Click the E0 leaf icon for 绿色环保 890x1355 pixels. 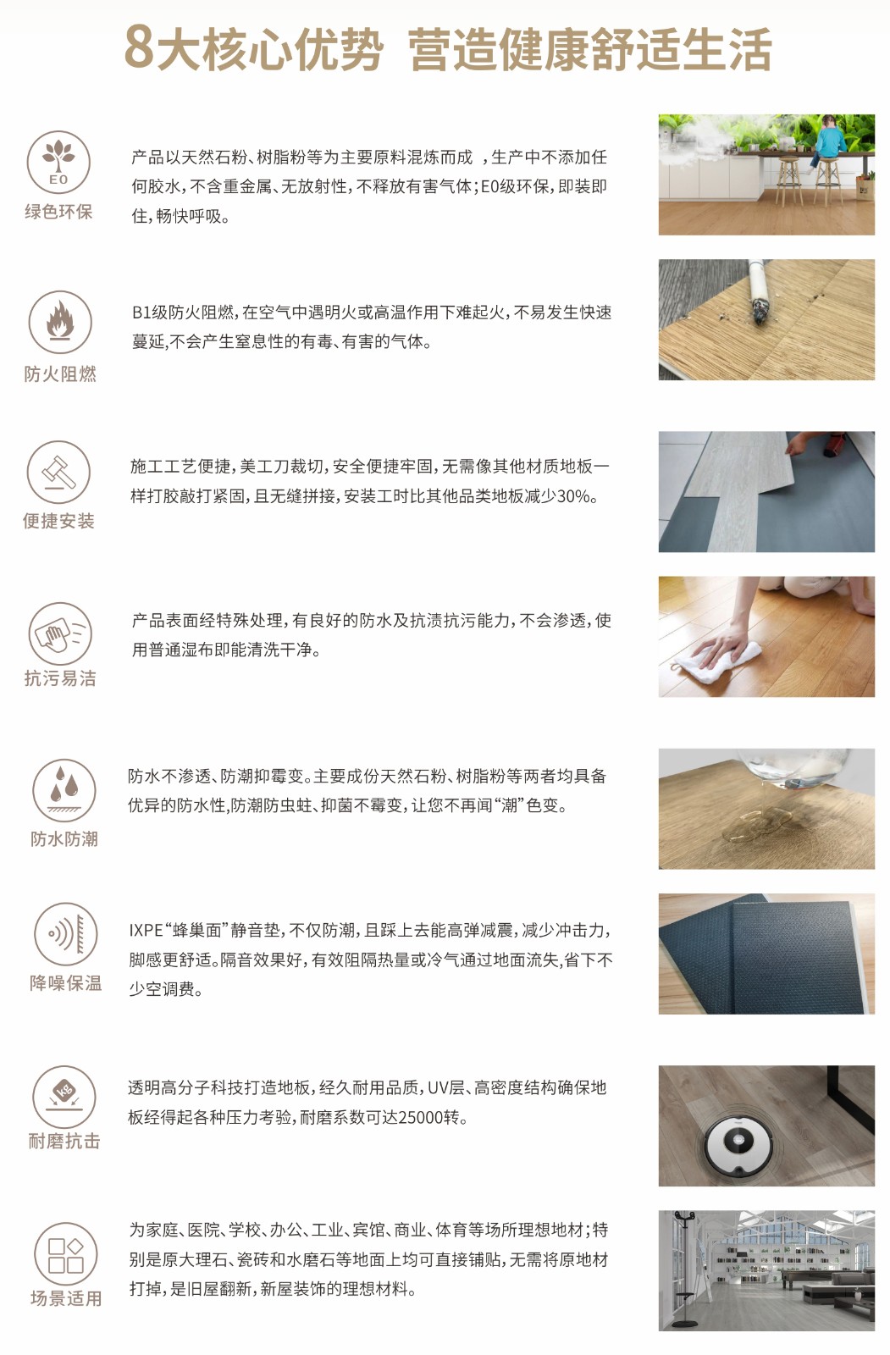click(x=58, y=162)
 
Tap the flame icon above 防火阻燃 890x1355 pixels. click(x=60, y=321)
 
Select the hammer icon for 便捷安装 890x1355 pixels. click(x=58, y=472)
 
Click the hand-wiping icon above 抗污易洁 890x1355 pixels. click(x=60, y=633)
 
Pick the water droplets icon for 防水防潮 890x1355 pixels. click(x=64, y=790)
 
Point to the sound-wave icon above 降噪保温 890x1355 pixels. click(x=65, y=934)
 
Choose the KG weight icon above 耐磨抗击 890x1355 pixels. click(x=64, y=1097)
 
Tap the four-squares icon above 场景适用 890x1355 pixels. click(x=65, y=1255)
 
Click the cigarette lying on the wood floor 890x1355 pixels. click(x=758, y=293)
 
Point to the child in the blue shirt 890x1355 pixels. click(x=827, y=142)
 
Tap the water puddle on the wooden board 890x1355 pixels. click(x=756, y=825)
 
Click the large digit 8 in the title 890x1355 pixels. click(x=140, y=48)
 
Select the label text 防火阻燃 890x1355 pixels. click(x=60, y=373)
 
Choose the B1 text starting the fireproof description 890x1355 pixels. click(x=141, y=312)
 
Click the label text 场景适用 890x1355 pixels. click(x=66, y=1299)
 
